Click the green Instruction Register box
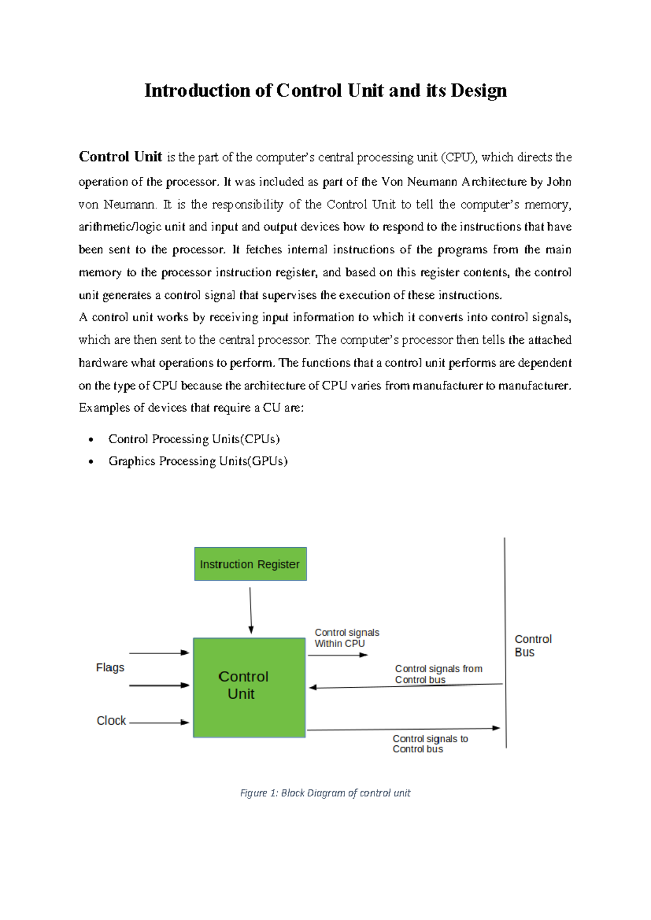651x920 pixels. pyautogui.click(x=250, y=564)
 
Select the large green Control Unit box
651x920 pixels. pyautogui.click(x=249, y=687)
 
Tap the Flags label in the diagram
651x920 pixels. pyautogui.click(x=110, y=668)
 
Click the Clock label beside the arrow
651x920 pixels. pyautogui.click(x=111, y=720)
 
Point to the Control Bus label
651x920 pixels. pyautogui.click(x=532, y=646)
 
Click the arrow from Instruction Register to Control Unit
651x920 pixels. pyautogui.click(x=251, y=610)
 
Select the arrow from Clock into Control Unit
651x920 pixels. pyautogui.click(x=159, y=723)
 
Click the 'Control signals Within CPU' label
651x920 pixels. pyautogui.click(x=347, y=638)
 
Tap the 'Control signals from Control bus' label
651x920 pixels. pyautogui.click(x=438, y=674)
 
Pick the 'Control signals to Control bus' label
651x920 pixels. pyautogui.click(x=430, y=744)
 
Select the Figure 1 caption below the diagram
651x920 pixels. pyautogui.click(x=325, y=793)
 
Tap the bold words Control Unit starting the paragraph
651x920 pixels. pyautogui.click(x=120, y=157)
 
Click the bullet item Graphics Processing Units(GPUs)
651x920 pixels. pyautogui.click(x=197, y=461)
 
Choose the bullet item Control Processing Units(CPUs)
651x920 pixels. pyautogui.click(x=194, y=439)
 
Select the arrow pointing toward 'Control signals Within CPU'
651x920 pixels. pyautogui.click(x=338, y=655)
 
